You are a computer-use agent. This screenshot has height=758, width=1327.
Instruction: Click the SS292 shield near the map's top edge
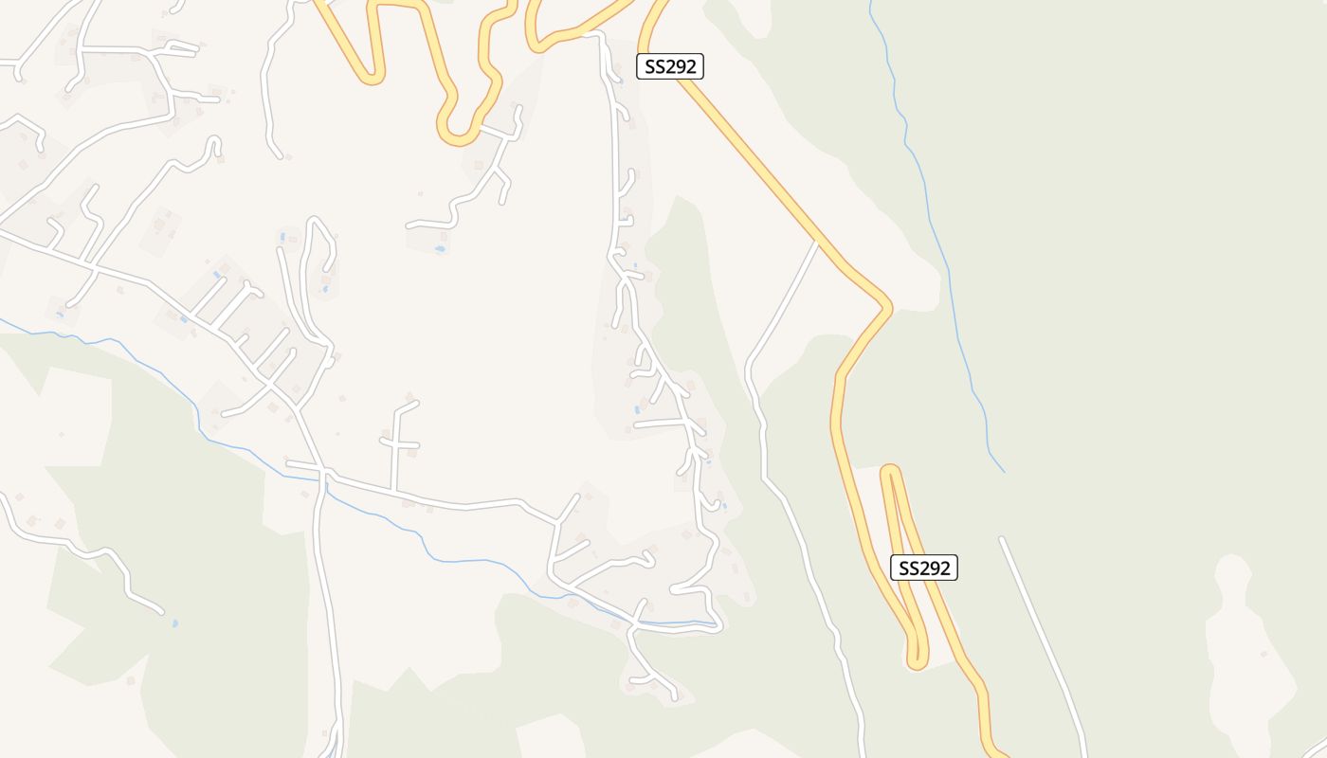(x=669, y=66)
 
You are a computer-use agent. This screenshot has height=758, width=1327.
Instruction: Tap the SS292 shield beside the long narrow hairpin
(x=924, y=568)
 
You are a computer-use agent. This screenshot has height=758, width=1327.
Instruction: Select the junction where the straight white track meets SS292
(x=817, y=243)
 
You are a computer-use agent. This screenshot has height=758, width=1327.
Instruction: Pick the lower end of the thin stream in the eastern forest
(x=1004, y=471)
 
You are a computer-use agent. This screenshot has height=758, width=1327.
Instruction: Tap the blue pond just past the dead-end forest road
(x=173, y=623)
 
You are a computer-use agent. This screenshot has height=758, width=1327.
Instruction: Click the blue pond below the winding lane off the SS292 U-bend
(x=439, y=248)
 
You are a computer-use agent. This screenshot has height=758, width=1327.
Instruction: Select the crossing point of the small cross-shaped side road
(x=392, y=442)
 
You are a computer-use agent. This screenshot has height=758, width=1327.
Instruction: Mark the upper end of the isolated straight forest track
(x=1001, y=539)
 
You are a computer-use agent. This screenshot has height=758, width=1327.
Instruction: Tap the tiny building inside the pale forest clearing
(x=1263, y=653)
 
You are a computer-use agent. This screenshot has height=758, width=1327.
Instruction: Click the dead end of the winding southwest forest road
(x=161, y=612)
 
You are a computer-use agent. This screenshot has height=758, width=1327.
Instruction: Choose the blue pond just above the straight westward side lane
(x=637, y=409)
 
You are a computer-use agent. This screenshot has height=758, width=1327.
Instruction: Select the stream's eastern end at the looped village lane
(x=718, y=624)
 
